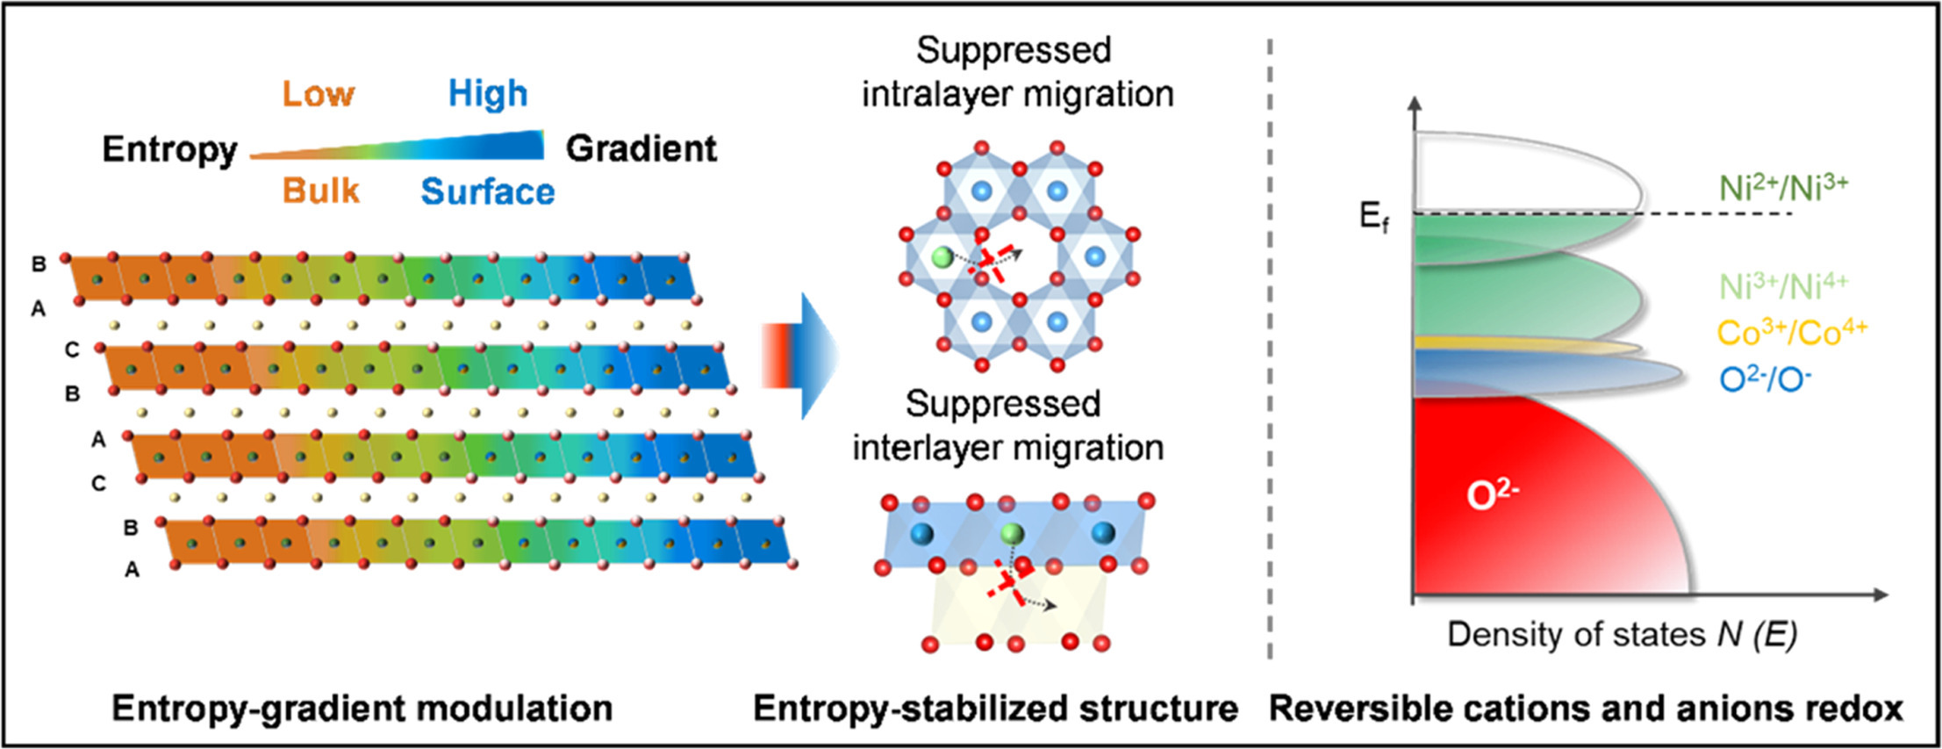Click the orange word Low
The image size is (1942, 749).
pos(318,93)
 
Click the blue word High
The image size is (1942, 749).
pos(488,93)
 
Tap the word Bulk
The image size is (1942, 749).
pos(321,191)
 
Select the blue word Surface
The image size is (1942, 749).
pos(488,191)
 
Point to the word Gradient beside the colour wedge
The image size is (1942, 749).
pos(641,148)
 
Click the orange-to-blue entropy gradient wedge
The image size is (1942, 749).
pos(439,148)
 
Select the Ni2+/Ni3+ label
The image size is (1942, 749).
pos(1783,188)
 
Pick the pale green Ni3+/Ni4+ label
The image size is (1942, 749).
pos(1783,286)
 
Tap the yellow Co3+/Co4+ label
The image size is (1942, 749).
pos(1792,333)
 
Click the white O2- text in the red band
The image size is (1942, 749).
pos(1493,496)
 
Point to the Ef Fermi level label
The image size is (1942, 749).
pos(1374,216)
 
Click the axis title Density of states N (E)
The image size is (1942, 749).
pos(1622,634)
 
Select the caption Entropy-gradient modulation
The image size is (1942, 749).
pos(362,708)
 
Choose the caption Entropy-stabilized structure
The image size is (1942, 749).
pos(995,708)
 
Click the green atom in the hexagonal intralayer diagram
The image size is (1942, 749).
pos(942,257)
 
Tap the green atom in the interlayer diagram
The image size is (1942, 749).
pos(1012,533)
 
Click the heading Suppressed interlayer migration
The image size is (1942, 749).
pos(1007,426)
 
